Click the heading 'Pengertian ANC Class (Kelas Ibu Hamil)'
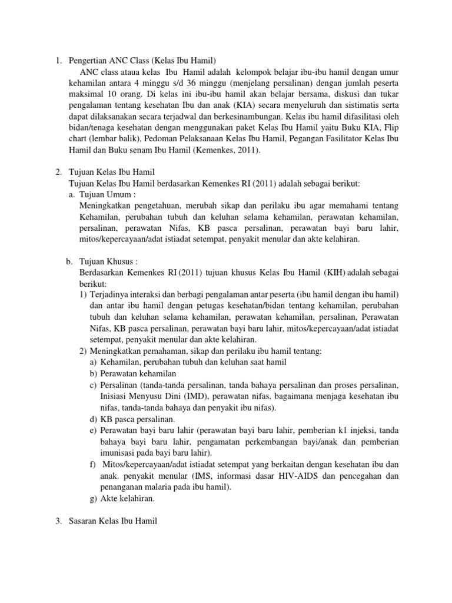143,60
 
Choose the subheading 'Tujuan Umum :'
107,195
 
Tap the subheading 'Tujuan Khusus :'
110,262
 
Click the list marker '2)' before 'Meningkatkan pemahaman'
83,352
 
